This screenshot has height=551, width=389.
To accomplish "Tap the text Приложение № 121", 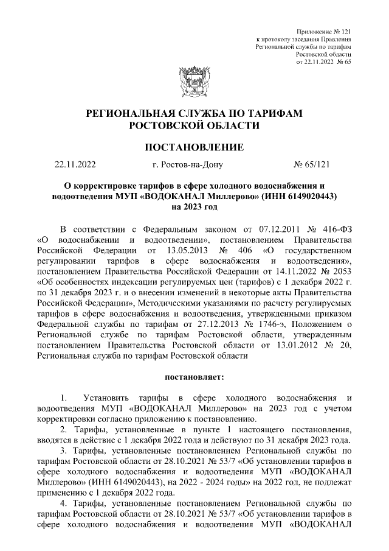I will pos(323,31).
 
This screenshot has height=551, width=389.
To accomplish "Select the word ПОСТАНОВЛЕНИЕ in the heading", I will pos(194,147).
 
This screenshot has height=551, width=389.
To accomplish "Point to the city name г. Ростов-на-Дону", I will pos(188,164).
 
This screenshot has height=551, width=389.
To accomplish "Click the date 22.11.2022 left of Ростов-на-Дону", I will pos(75,164).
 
